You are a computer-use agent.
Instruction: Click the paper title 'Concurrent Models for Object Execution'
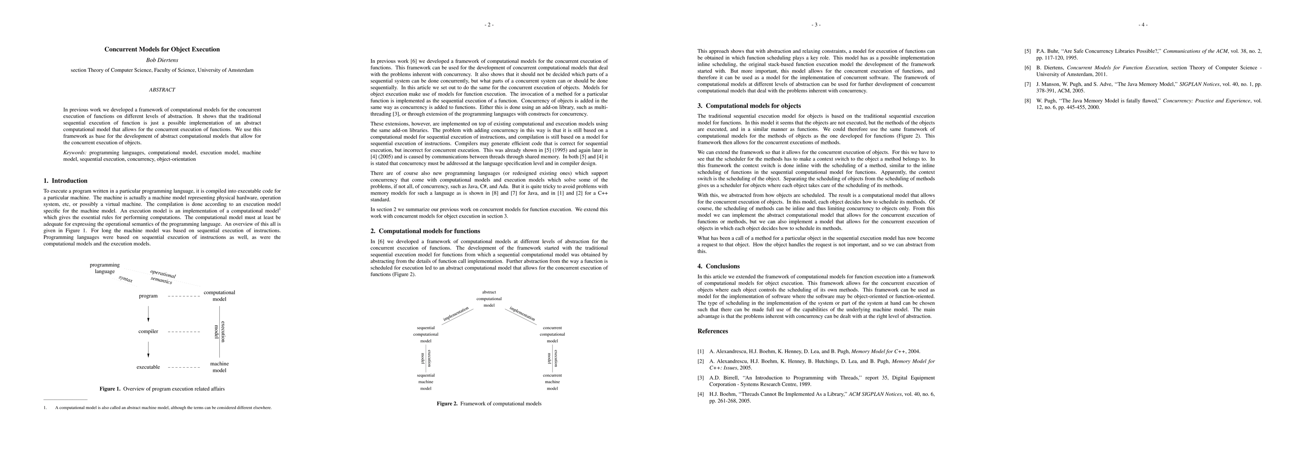tap(162, 49)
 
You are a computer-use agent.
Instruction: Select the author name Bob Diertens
tap(162, 60)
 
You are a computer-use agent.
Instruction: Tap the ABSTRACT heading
tap(162, 90)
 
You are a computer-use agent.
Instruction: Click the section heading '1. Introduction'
tap(66, 181)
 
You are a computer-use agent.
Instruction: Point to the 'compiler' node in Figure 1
tap(148, 331)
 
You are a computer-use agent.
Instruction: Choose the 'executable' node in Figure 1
tap(148, 367)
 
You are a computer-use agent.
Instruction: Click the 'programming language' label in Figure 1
tap(105, 268)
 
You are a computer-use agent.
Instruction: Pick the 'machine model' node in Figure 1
tap(219, 367)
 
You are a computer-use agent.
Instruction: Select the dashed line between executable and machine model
tap(184, 367)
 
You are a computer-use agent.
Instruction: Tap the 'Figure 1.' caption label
tap(110, 389)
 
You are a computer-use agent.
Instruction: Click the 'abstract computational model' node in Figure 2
tap(489, 299)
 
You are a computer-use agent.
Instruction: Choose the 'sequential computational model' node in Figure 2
tap(426, 335)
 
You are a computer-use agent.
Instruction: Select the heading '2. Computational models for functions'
tap(425, 231)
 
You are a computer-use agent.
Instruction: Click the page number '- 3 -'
tap(816, 24)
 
